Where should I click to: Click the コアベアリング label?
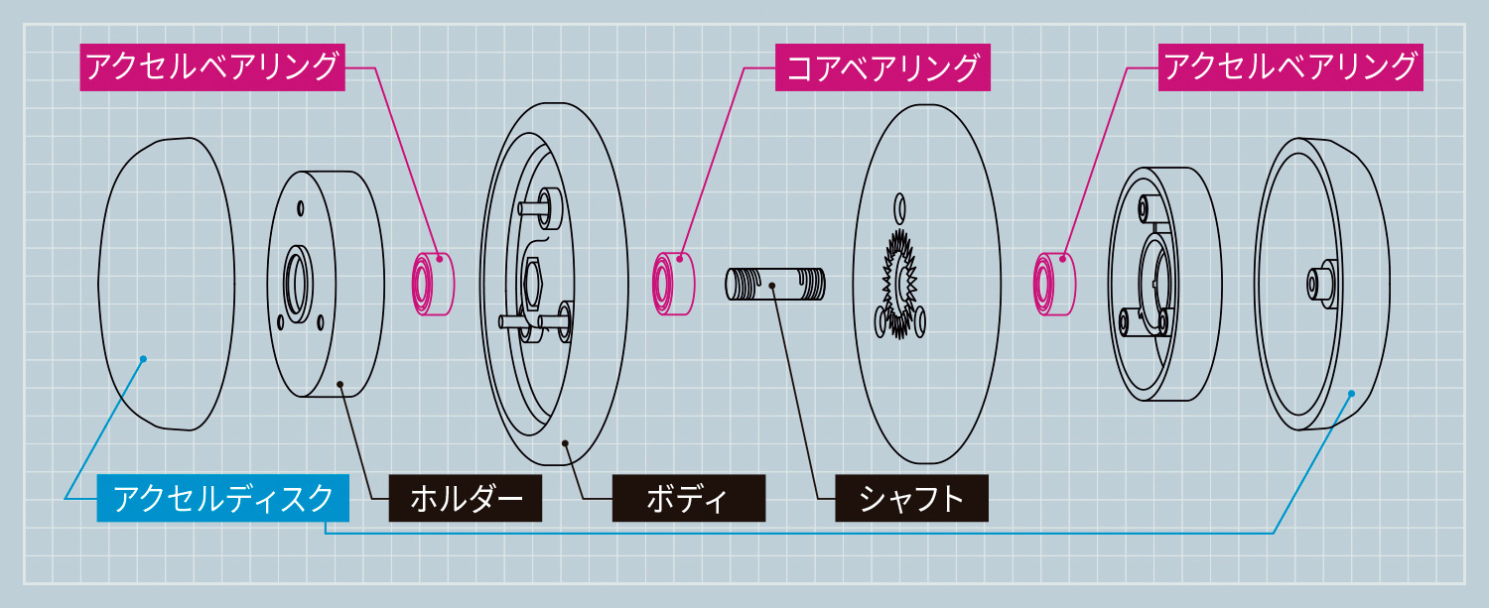pos(882,68)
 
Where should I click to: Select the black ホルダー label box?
pos(466,498)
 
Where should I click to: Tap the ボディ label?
pos(688,498)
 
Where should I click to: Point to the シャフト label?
pos(911,498)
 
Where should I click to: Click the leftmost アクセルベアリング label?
pos(212,68)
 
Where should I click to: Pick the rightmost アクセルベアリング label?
pos(1289,68)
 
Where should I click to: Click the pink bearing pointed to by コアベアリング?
pos(672,282)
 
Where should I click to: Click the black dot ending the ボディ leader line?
pos(564,444)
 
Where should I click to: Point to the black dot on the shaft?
pos(771,286)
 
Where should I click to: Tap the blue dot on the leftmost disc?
pos(144,358)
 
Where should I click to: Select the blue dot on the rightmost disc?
pos(1350,395)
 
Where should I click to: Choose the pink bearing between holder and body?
pos(433,284)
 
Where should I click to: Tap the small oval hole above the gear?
pos(899,208)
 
